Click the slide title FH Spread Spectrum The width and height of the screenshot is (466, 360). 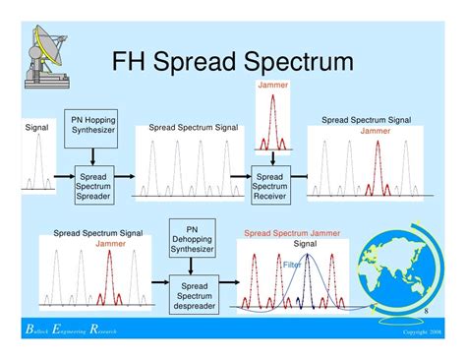(232, 64)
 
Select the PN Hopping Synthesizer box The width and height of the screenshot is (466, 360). (91, 126)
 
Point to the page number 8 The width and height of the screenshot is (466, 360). (426, 312)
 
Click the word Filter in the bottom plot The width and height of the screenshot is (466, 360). (292, 266)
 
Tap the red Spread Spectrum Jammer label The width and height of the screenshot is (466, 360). (292, 234)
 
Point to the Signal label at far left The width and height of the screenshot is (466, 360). (35, 127)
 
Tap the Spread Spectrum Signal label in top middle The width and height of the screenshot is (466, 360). (193, 128)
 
